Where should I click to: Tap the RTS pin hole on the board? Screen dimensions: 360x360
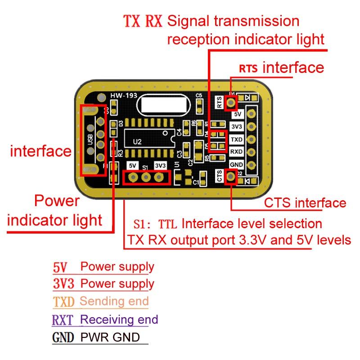tap(231, 103)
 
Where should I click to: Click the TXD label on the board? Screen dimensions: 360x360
tap(237, 139)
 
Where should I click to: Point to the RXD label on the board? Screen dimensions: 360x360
tap(237, 152)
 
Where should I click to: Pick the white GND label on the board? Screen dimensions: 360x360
tap(237, 165)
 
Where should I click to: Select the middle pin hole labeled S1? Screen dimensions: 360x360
tap(145, 177)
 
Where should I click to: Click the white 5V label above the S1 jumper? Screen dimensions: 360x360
tap(133, 166)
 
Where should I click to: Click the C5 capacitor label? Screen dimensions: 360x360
tap(198, 95)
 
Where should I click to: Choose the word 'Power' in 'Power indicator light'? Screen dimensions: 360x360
tap(56, 201)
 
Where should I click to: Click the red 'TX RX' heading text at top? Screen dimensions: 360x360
tap(143, 21)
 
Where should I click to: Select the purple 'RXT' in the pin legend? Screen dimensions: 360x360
tap(64, 320)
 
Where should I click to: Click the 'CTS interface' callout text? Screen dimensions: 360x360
tap(305, 203)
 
